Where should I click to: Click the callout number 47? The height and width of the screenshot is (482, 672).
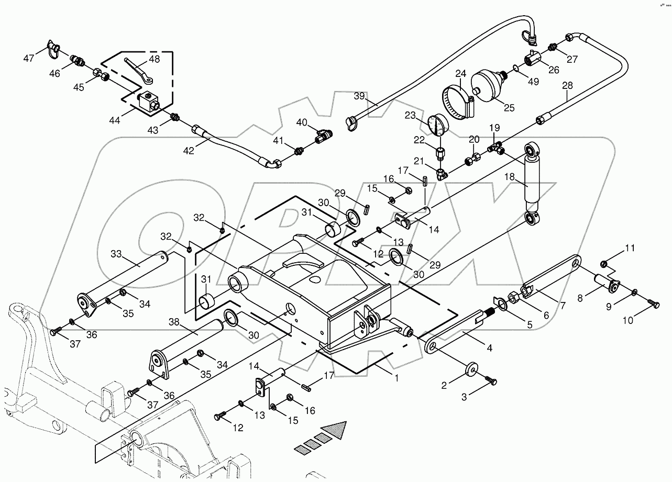29,58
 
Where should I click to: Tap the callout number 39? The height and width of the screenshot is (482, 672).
359,96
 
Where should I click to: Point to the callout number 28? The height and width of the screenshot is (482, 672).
568,86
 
